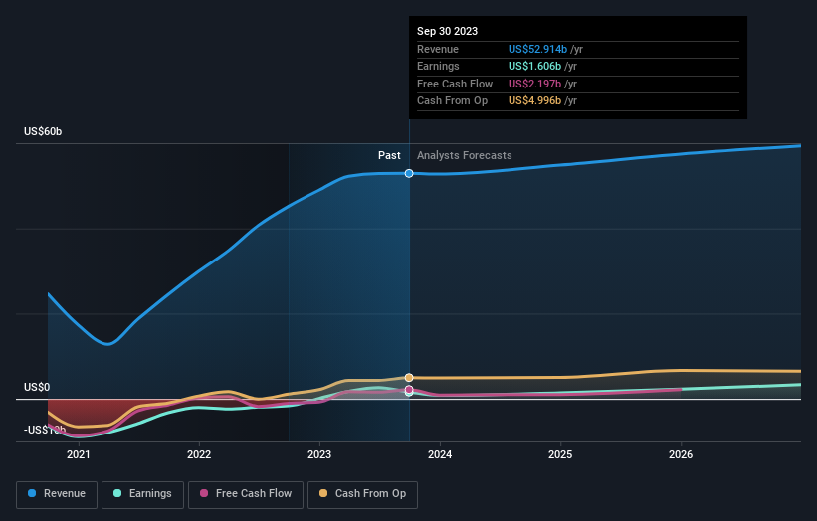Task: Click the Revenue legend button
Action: pyautogui.click(x=57, y=493)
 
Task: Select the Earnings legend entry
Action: pyautogui.click(x=142, y=493)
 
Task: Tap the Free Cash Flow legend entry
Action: pyautogui.click(x=246, y=493)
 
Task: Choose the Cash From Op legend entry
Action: pyautogui.click(x=362, y=493)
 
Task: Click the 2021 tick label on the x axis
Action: pyautogui.click(x=79, y=454)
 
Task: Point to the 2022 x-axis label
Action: pyautogui.click(x=199, y=454)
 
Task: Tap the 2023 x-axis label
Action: pyautogui.click(x=319, y=454)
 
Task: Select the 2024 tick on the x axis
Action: pyautogui.click(x=440, y=454)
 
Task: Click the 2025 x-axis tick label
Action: pyautogui.click(x=560, y=454)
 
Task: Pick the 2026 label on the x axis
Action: pyautogui.click(x=681, y=454)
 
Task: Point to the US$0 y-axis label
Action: pyautogui.click(x=38, y=387)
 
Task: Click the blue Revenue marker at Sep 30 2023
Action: pyautogui.click(x=409, y=173)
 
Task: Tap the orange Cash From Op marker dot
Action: pyautogui.click(x=409, y=378)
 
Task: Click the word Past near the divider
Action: pyautogui.click(x=389, y=155)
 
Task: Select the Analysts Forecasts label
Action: pyautogui.click(x=465, y=155)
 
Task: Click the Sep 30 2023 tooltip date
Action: pyautogui.click(x=447, y=31)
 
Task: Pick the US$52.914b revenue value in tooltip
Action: pyautogui.click(x=537, y=49)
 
